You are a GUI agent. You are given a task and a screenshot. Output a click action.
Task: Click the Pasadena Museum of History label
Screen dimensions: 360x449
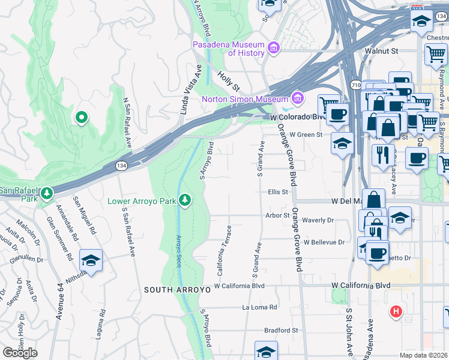pos(229,49)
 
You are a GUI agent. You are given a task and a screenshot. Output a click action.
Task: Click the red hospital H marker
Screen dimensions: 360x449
pos(396,311)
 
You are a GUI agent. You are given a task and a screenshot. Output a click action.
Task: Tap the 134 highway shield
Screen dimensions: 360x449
pos(122,165)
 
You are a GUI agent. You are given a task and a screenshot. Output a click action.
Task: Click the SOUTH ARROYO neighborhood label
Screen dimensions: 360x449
pos(177,290)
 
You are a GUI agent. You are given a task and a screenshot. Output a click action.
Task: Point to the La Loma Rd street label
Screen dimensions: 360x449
pos(259,307)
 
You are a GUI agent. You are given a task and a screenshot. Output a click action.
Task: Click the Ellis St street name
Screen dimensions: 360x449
pos(278,192)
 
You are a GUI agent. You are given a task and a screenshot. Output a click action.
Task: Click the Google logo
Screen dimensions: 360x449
pos(20,353)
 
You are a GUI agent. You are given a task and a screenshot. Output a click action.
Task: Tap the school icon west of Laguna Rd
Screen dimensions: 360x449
pos(91,260)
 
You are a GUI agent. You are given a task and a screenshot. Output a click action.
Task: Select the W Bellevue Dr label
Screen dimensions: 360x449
pos(324,242)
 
